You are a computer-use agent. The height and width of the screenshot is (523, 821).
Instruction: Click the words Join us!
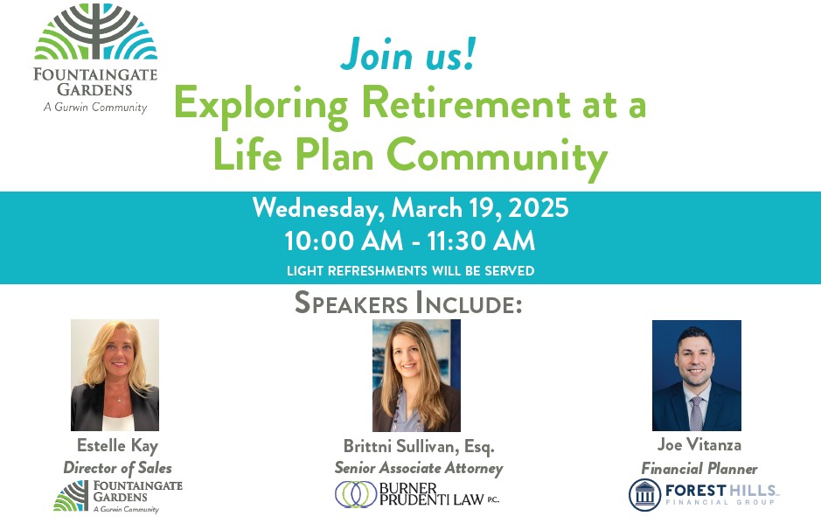pyautogui.click(x=408, y=54)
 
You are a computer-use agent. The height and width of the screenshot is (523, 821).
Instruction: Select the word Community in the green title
pyautogui.click(x=497, y=156)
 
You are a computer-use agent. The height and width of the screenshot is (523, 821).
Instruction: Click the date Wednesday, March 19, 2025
pyautogui.click(x=411, y=208)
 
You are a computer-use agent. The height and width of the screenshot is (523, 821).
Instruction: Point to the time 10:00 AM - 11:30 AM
pyautogui.click(x=410, y=241)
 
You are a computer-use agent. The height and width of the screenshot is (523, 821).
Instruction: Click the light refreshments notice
pyautogui.click(x=411, y=270)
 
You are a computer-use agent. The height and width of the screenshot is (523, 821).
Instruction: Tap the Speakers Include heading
pyautogui.click(x=408, y=303)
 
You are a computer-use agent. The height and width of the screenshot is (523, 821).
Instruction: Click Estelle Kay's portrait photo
pyautogui.click(x=115, y=375)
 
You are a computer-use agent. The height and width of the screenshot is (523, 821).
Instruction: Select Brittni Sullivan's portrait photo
pyautogui.click(x=416, y=375)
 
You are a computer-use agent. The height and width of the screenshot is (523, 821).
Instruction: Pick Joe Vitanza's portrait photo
pyautogui.click(x=696, y=375)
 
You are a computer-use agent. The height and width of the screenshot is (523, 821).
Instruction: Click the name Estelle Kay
pyautogui.click(x=117, y=445)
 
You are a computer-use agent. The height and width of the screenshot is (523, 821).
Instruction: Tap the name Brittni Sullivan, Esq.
pyautogui.click(x=419, y=446)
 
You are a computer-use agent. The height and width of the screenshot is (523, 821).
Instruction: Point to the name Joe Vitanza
pyautogui.click(x=699, y=444)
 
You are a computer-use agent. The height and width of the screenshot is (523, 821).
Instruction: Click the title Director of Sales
pyautogui.click(x=117, y=468)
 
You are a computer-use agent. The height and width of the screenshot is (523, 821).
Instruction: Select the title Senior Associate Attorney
pyautogui.click(x=419, y=468)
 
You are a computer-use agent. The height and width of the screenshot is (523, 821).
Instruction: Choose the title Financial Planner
pyautogui.click(x=699, y=468)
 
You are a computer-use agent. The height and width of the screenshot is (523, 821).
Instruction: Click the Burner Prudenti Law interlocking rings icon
pyautogui.click(x=356, y=494)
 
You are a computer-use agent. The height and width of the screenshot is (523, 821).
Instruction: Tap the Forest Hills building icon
pyautogui.click(x=644, y=494)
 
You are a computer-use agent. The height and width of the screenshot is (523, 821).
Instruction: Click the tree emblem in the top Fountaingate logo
pyautogui.click(x=96, y=31)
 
